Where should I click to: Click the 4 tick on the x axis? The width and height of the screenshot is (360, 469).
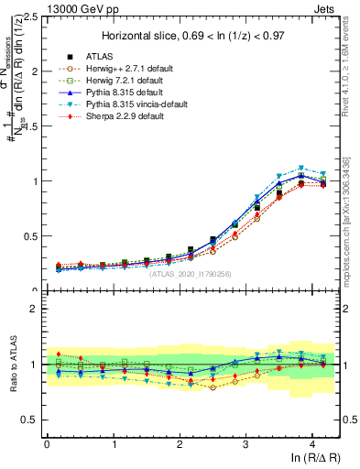[x=312, y=444]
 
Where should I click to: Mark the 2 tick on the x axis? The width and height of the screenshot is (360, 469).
[x=180, y=444]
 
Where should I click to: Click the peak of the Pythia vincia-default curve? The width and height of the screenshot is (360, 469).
[x=300, y=168]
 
